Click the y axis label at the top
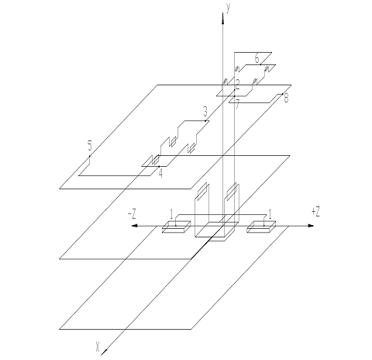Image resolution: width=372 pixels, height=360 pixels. tap(228, 9)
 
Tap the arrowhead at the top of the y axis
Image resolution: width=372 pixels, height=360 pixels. tap(222, 18)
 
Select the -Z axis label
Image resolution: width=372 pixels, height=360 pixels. tap(132, 214)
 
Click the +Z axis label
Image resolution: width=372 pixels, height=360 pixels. tap(315, 212)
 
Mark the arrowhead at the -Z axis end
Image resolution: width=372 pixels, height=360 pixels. tap(135, 226)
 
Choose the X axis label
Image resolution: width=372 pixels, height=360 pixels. tap(98, 347)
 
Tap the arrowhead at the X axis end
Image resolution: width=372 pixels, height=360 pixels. tap(104, 351)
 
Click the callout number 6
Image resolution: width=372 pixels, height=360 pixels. tap(257, 58)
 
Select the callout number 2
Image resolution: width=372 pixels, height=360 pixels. tap(237, 85)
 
